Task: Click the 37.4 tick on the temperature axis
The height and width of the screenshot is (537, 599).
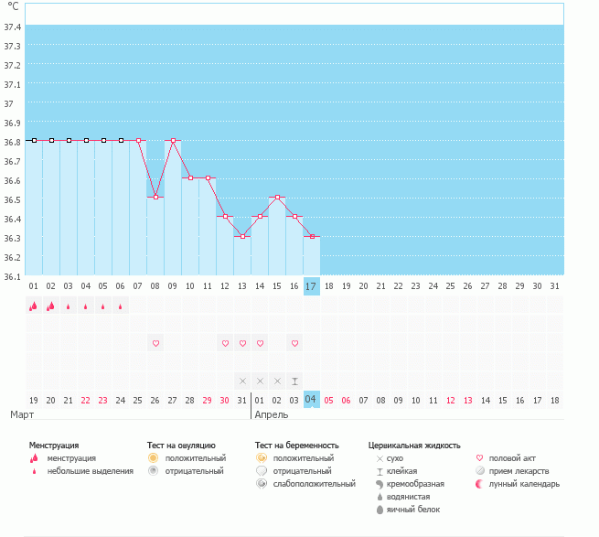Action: [x=13, y=27]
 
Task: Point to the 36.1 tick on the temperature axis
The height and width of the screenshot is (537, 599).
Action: [x=13, y=276]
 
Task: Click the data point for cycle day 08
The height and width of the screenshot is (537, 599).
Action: [x=155, y=197]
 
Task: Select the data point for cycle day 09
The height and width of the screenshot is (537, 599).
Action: [x=173, y=140]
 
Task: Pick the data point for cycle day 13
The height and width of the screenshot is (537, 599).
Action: [x=242, y=236]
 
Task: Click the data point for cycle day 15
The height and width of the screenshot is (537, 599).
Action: [x=277, y=197]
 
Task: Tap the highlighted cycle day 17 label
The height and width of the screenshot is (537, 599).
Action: [x=311, y=286]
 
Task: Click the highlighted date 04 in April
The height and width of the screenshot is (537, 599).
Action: [x=311, y=400]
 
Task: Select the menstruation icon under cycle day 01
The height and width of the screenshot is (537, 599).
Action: [x=33, y=306]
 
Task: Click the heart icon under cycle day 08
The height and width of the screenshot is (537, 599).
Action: [x=155, y=343]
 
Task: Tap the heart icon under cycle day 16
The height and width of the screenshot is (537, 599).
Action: [x=294, y=343]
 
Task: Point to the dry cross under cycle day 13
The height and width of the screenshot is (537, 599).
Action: [x=242, y=381]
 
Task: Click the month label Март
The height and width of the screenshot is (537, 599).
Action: [x=23, y=414]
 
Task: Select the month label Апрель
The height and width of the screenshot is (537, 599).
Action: [x=272, y=414]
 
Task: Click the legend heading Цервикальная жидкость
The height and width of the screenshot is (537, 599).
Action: [x=413, y=445]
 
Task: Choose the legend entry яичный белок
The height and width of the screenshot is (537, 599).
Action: [x=420, y=509]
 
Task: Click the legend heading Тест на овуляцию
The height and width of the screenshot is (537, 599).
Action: [x=181, y=445]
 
